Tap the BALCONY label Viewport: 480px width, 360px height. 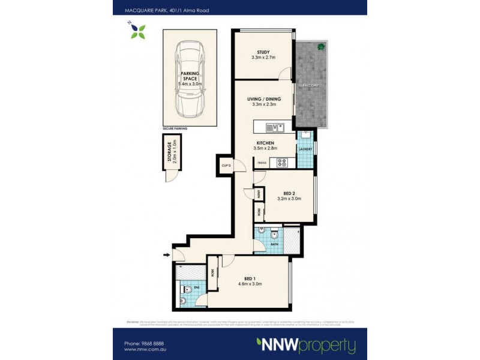coord(310,86)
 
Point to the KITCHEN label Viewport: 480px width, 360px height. coord(264,142)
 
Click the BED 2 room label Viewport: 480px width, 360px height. coord(289,192)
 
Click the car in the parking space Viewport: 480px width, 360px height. coord(190,78)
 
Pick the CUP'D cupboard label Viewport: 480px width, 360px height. coord(226,166)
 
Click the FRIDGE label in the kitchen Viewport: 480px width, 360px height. coord(262,163)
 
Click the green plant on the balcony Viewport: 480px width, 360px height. coord(321,47)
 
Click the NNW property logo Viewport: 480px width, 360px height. coord(306,345)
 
